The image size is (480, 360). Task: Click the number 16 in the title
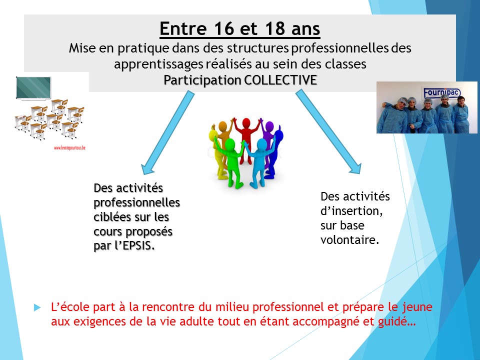(224, 28)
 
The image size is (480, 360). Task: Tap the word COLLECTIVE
(280, 80)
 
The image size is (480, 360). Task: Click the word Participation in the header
(202, 80)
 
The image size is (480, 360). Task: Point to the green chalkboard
(33, 88)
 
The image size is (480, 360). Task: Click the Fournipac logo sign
(441, 92)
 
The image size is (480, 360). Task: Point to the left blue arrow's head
(149, 167)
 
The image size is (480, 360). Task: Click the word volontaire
(350, 239)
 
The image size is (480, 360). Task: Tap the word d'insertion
(351, 211)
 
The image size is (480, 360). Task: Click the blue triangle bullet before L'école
(37, 307)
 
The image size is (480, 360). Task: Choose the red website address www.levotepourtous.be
(69, 148)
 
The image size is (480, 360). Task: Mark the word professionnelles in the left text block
(136, 202)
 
